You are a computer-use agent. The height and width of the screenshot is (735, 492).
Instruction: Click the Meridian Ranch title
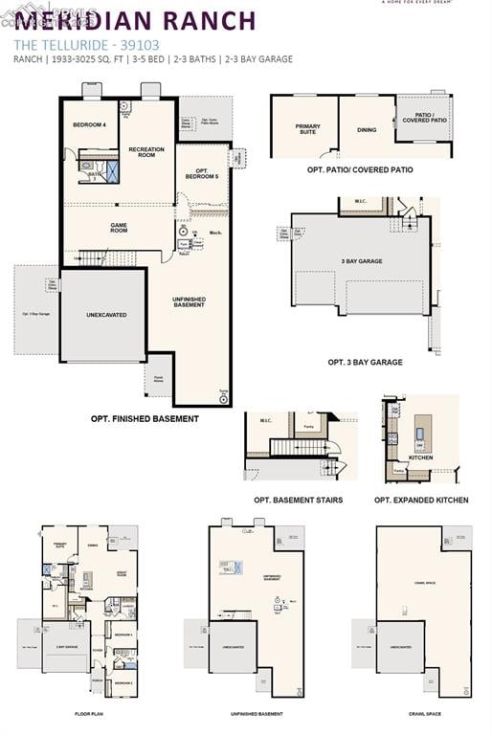[x=135, y=20]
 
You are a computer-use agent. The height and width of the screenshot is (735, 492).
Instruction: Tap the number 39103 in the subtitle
[x=142, y=44]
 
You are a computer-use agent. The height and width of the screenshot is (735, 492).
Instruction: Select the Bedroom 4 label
[x=90, y=125]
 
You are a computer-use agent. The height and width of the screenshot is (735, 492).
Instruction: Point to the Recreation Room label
[x=145, y=151]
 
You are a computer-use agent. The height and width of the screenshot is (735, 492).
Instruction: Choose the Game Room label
[x=119, y=228]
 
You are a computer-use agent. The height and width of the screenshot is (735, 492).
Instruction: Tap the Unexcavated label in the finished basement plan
[x=106, y=315]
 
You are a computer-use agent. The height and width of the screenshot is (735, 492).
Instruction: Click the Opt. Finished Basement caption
[x=145, y=418]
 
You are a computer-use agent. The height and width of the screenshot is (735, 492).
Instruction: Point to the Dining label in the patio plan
[x=367, y=130]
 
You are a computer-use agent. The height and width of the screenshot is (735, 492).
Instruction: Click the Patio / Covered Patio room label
[x=424, y=118]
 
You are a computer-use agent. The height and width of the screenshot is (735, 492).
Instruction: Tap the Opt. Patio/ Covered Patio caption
[x=360, y=169]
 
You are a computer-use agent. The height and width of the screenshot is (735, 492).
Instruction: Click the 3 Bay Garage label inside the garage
[x=362, y=261]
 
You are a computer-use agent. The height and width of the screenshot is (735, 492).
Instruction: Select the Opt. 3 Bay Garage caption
[x=365, y=362]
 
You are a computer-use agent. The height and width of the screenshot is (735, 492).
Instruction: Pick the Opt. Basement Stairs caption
[x=298, y=500]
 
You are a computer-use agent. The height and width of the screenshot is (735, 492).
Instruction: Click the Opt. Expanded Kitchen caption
[x=421, y=500]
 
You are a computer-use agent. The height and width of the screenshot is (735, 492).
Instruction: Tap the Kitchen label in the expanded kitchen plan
[x=421, y=457]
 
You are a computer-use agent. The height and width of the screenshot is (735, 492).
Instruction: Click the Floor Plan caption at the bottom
[x=89, y=714]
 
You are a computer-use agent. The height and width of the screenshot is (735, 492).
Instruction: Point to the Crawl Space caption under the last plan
[x=423, y=714]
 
